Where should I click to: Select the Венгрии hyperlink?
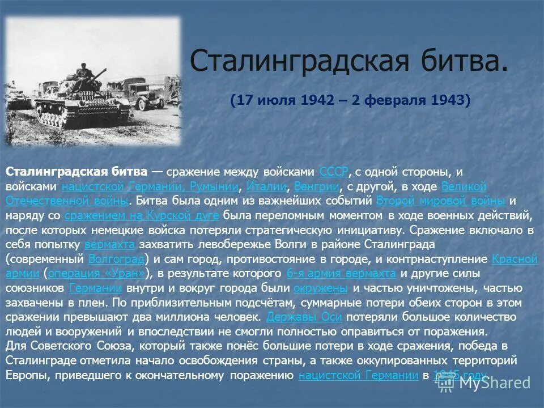(x=317, y=186)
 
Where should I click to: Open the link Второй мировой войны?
(x=440, y=201)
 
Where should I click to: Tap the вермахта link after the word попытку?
(x=110, y=245)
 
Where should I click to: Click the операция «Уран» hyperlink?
(x=100, y=274)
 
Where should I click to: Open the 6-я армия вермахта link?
(x=341, y=274)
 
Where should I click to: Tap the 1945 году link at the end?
(x=460, y=375)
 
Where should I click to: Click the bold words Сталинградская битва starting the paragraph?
(x=76, y=172)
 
